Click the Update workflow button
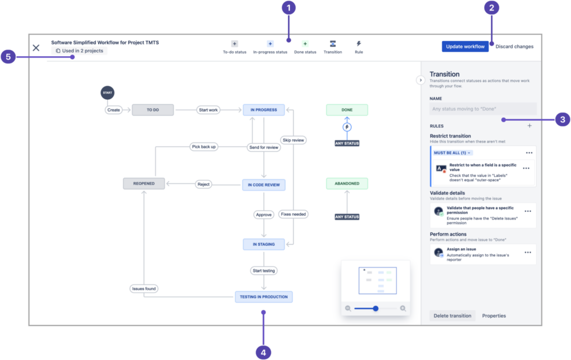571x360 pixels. coord(465,46)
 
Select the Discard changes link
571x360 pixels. coord(514,46)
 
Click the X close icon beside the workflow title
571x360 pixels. coord(36,47)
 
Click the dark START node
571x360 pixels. coord(107,93)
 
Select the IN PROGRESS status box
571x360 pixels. coord(264,110)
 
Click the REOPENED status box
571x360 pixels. coord(144,183)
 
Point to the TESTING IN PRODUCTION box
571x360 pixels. coord(264,296)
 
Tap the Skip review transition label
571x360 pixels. coord(293,140)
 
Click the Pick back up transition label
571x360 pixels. coord(204,147)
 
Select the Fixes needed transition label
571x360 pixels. coord(293,214)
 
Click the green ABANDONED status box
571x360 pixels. coord(347,183)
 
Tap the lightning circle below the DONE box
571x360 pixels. coord(347,128)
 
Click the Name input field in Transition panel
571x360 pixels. coord(483,109)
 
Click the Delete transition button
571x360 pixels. coord(452,316)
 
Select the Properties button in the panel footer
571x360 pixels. coord(494,316)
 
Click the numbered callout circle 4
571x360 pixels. coord(264,352)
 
